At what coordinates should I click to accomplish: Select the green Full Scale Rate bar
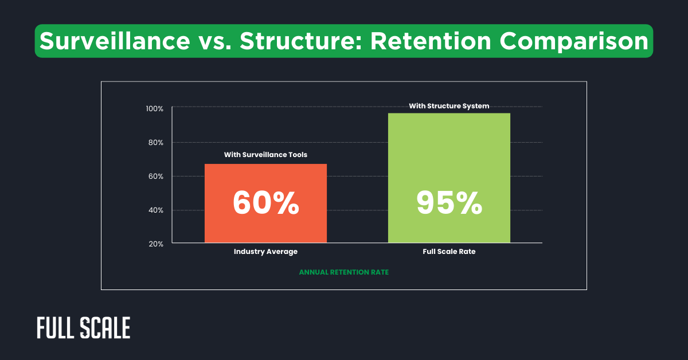(449, 149)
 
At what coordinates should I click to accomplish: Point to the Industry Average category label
(265, 252)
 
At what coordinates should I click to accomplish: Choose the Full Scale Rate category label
(449, 252)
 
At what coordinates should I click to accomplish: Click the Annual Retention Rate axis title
(343, 272)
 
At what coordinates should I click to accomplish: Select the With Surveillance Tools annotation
(265, 155)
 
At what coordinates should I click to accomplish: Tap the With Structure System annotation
(449, 105)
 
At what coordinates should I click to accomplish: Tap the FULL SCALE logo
(83, 327)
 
